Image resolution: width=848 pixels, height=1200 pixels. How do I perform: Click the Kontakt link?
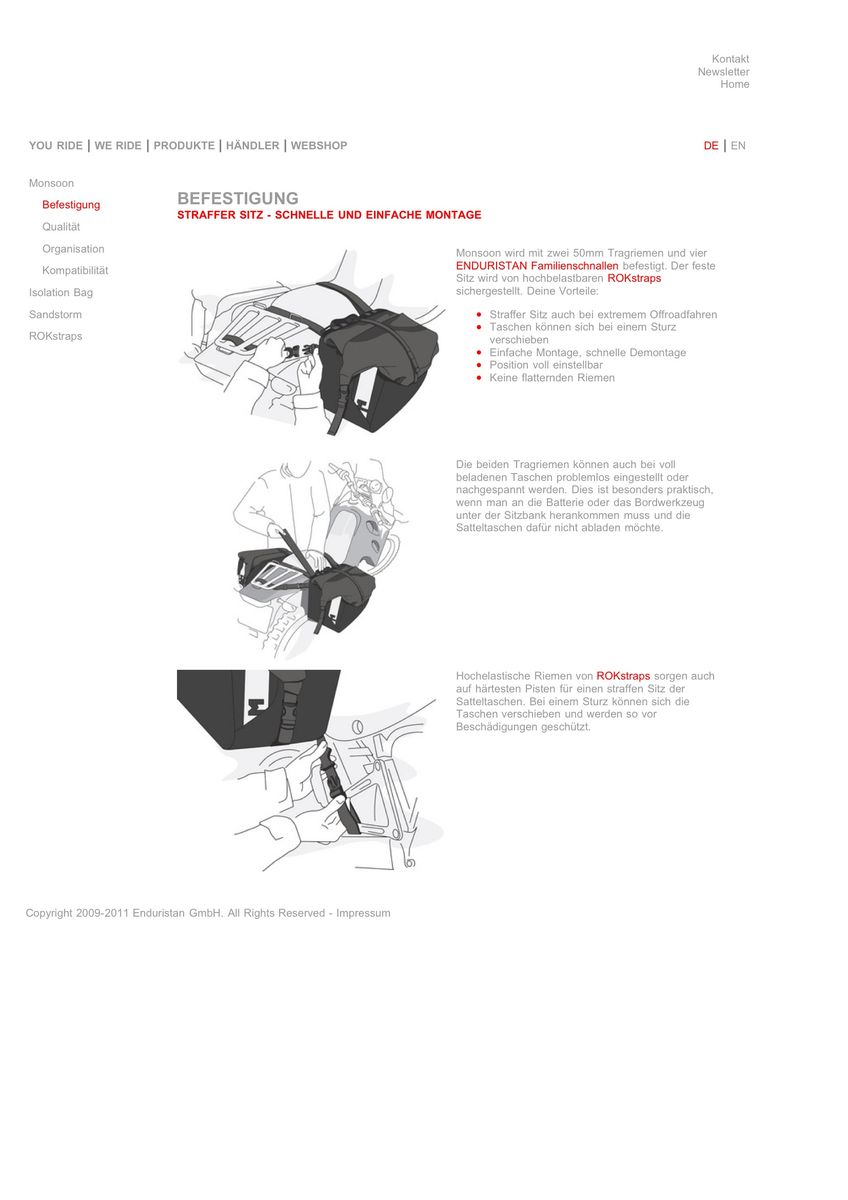(730, 59)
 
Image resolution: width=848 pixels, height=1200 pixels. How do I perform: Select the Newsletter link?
(723, 72)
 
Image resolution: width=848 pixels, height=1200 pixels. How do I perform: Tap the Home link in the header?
(734, 84)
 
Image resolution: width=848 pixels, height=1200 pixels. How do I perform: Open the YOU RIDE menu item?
(56, 146)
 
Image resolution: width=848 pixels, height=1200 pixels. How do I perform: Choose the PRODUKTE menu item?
(184, 146)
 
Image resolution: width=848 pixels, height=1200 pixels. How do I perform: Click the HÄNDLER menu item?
(252, 146)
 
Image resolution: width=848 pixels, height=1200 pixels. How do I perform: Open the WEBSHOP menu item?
(319, 146)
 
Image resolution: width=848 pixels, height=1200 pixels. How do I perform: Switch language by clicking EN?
(738, 146)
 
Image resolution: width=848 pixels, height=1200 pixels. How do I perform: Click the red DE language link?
(711, 146)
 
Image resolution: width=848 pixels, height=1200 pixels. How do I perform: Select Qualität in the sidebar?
(61, 227)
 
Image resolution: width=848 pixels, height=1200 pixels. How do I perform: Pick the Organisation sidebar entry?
(73, 249)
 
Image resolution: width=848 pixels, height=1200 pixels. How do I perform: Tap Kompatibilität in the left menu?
(75, 271)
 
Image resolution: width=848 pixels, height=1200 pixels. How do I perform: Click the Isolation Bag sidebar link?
(61, 293)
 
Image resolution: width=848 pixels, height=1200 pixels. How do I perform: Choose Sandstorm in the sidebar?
(55, 315)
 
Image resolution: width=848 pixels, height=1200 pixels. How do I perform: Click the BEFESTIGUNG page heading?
(238, 199)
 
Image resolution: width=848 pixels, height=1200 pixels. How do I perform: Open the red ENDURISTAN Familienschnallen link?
(537, 266)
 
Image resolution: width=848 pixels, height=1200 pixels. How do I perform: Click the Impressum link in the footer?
(363, 913)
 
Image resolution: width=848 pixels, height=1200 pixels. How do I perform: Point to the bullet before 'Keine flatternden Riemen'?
(480, 378)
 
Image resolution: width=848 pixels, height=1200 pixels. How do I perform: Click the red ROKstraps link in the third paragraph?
(623, 676)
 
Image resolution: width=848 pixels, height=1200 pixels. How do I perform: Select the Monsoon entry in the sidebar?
(51, 184)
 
